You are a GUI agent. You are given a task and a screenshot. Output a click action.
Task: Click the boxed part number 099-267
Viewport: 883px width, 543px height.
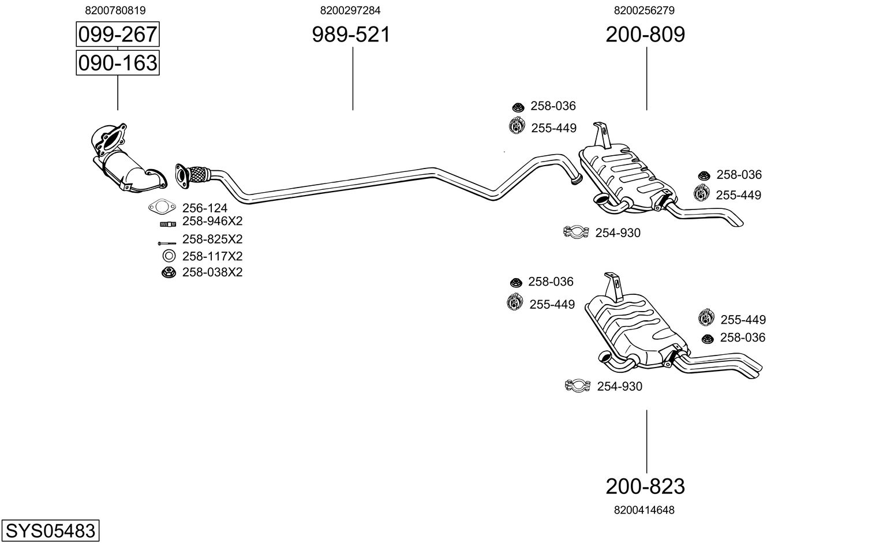118,35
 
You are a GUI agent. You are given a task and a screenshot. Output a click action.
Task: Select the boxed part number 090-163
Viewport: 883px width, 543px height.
118,62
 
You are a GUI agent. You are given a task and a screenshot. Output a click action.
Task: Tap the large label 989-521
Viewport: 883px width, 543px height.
351,35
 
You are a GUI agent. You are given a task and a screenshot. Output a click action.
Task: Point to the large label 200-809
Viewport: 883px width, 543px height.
645,35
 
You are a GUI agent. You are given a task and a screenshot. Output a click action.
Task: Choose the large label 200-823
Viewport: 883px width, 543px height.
645,486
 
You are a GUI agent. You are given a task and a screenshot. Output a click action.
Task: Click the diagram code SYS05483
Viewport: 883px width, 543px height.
50,530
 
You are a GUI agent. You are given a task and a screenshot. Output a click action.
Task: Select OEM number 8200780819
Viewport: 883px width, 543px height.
115,10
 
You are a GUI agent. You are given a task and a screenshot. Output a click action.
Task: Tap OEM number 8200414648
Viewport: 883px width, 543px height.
644,510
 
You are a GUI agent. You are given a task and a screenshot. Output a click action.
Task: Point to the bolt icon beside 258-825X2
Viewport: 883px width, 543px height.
167,243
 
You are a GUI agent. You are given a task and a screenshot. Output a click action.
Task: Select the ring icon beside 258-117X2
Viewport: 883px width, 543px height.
169,256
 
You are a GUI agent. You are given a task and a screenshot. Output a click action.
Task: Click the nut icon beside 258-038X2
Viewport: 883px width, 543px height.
169,272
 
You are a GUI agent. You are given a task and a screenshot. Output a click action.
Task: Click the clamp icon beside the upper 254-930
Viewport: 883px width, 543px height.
575,232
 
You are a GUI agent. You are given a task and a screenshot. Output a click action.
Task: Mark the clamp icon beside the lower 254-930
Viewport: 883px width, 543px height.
578,385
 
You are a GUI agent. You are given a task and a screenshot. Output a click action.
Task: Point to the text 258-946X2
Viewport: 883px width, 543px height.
212,221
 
